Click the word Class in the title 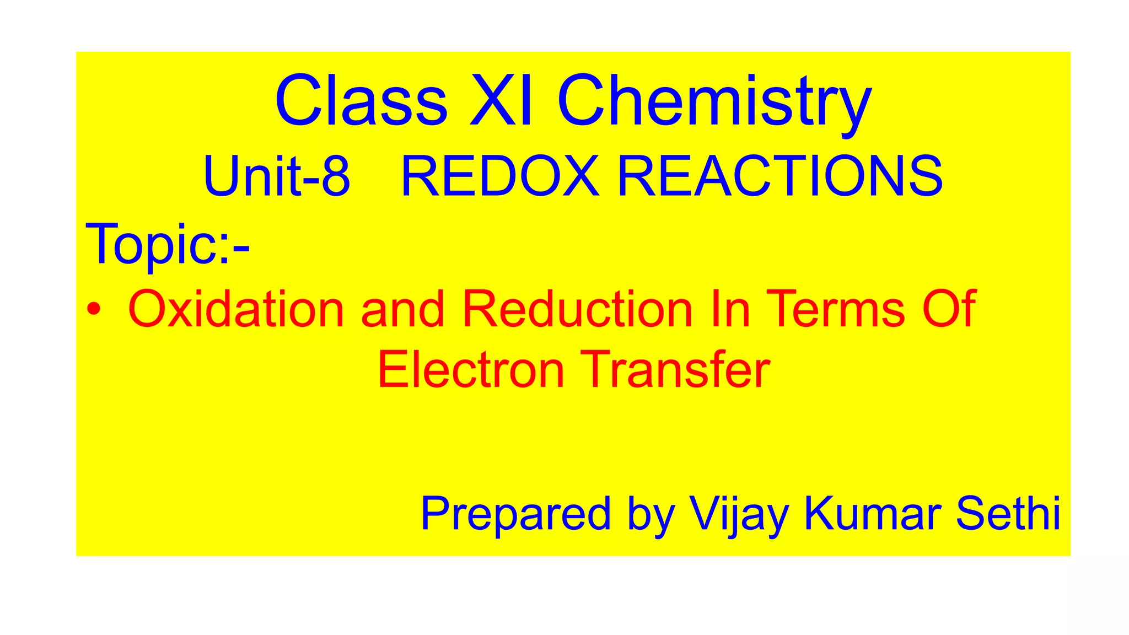click(x=361, y=101)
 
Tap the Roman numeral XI click(x=501, y=101)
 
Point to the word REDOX click(x=499, y=177)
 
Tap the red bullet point click(x=94, y=309)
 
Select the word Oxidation click(x=236, y=309)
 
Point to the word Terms click(x=835, y=309)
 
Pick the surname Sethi click(x=1008, y=513)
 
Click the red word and click(x=402, y=309)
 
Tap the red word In click(x=730, y=309)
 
